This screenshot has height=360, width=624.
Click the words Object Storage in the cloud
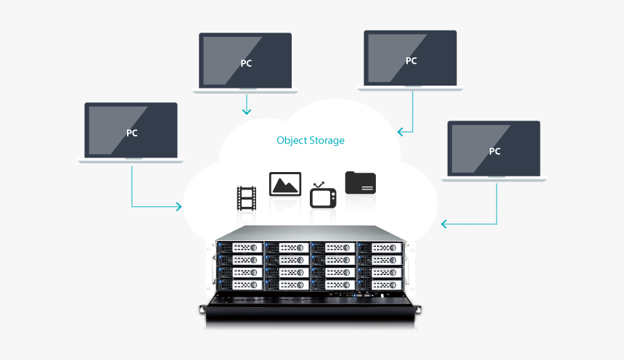pyautogui.click(x=311, y=140)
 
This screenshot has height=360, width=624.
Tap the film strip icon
pyautogui.click(x=247, y=198)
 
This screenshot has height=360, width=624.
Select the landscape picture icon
pyautogui.click(x=285, y=184)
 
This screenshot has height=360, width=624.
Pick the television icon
pyautogui.click(x=323, y=197)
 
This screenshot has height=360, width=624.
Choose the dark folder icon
pyautogui.click(x=361, y=182)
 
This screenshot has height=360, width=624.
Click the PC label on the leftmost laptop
pyautogui.click(x=131, y=133)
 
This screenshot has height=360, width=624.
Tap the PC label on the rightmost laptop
pyautogui.click(x=495, y=152)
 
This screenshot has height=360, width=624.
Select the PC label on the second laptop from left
pyautogui.click(x=247, y=63)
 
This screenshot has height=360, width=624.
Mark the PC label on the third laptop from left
pyautogui.click(x=411, y=61)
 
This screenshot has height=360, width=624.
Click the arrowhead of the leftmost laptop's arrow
pyautogui.click(x=179, y=208)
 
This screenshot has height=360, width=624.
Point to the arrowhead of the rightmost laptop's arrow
pyautogui.click(x=443, y=224)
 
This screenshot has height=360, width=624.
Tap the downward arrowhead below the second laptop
pyautogui.click(x=247, y=112)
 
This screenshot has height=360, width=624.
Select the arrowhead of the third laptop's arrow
pyautogui.click(x=399, y=132)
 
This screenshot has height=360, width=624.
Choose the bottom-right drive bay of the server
pyautogui.click(x=379, y=284)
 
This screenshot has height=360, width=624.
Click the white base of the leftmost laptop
pyautogui.click(x=131, y=160)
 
